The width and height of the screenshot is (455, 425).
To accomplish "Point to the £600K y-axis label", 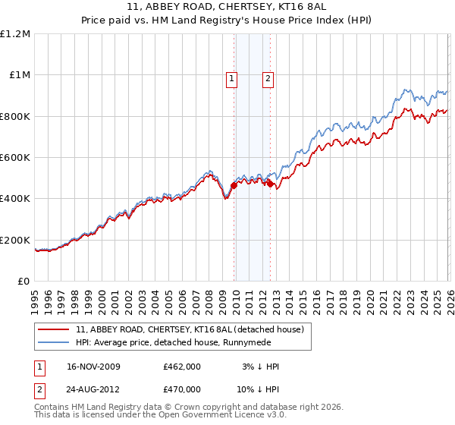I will pos(15,158).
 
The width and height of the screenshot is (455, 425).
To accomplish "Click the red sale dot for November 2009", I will pos(234,185).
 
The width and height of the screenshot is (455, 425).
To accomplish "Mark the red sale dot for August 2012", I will pos(270,183).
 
